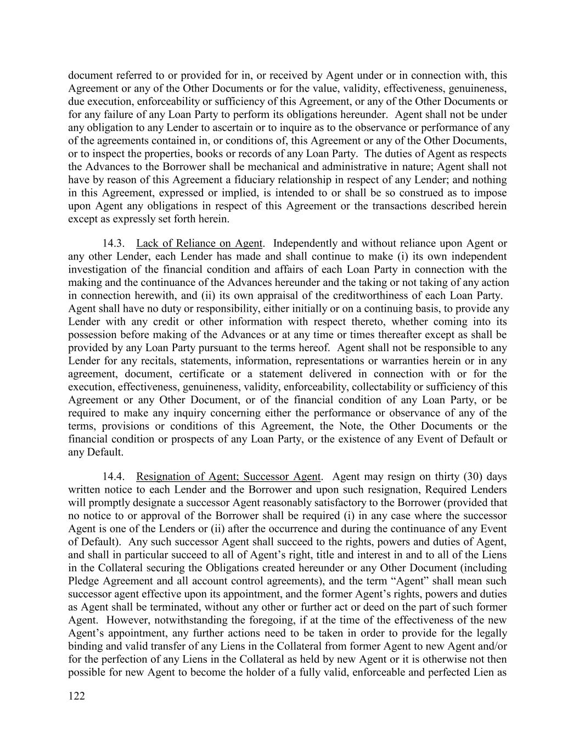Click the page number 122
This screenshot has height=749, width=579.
(77, 696)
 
